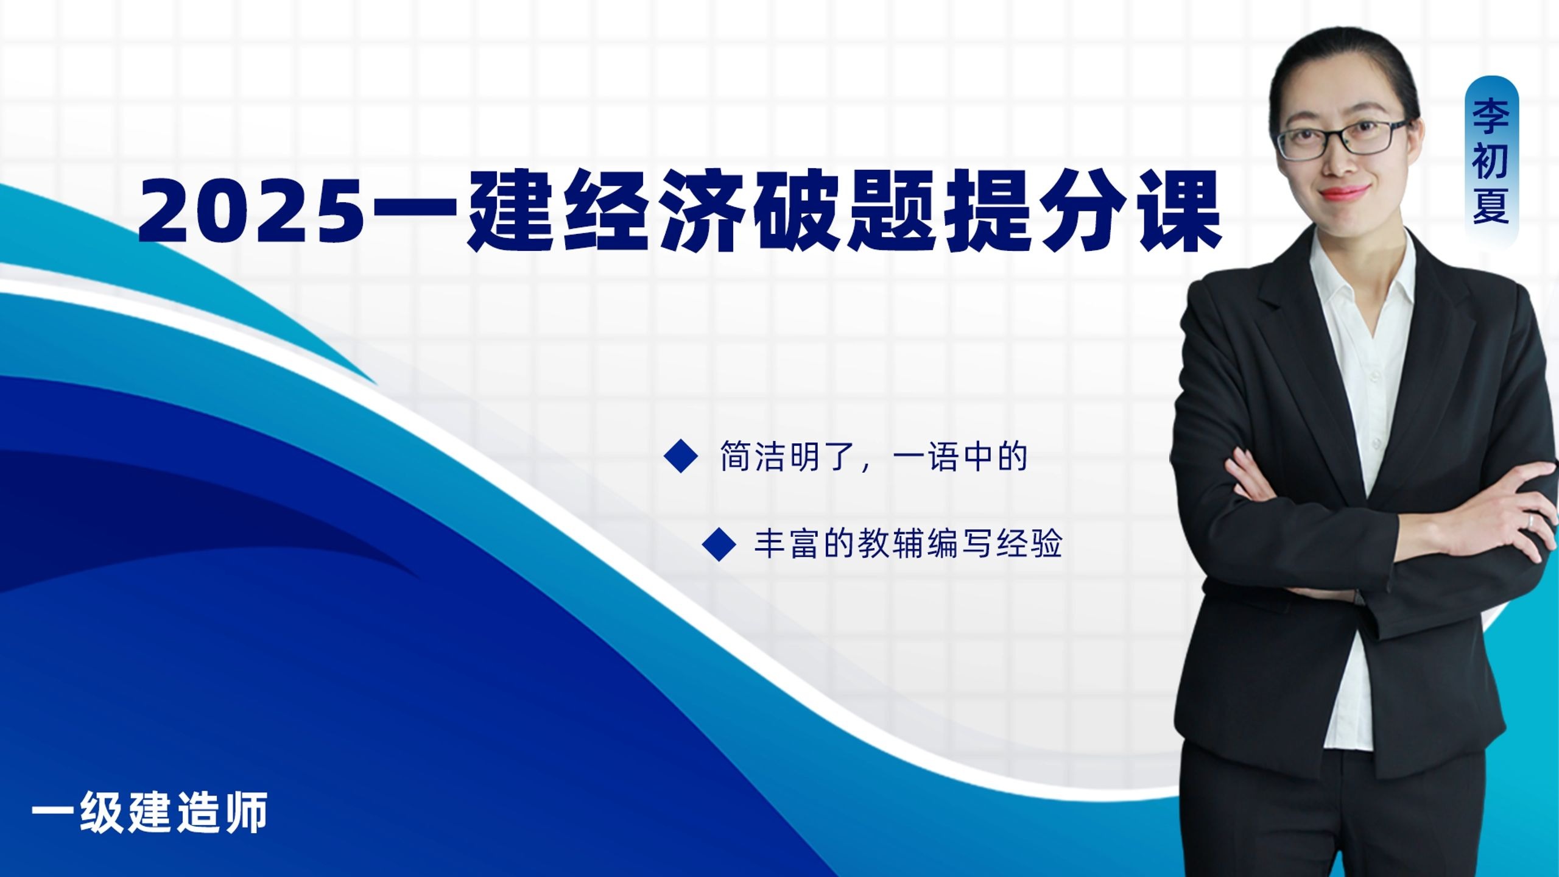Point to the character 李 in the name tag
(1490, 114)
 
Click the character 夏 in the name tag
(1490, 206)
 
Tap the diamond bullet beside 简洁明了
(680, 456)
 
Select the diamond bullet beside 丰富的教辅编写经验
(719, 544)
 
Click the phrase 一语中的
(959, 457)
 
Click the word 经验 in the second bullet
(1029, 544)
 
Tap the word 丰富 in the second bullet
(787, 544)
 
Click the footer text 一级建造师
(150, 812)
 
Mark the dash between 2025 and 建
(414, 211)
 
